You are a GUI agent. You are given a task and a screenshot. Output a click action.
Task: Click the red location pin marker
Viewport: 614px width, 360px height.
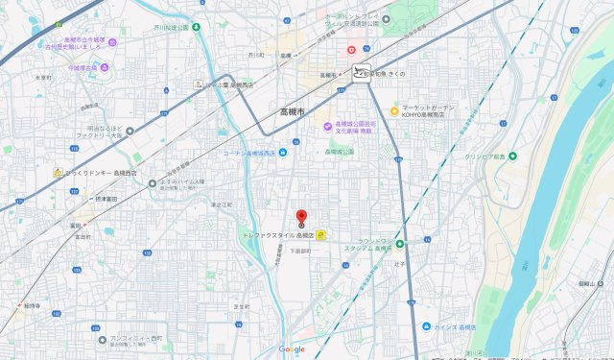click(x=300, y=217)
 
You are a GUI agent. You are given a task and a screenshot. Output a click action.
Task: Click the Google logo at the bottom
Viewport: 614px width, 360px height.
click(x=292, y=349)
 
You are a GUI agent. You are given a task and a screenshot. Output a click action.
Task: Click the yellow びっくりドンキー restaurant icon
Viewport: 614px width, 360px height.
click(x=58, y=172)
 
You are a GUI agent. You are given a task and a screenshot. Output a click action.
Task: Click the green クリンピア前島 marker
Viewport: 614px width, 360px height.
click(x=512, y=156)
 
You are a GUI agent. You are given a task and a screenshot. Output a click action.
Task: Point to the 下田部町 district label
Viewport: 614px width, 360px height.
click(x=300, y=251)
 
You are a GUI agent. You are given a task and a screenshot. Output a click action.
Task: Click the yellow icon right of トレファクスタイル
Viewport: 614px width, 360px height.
click(x=321, y=234)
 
